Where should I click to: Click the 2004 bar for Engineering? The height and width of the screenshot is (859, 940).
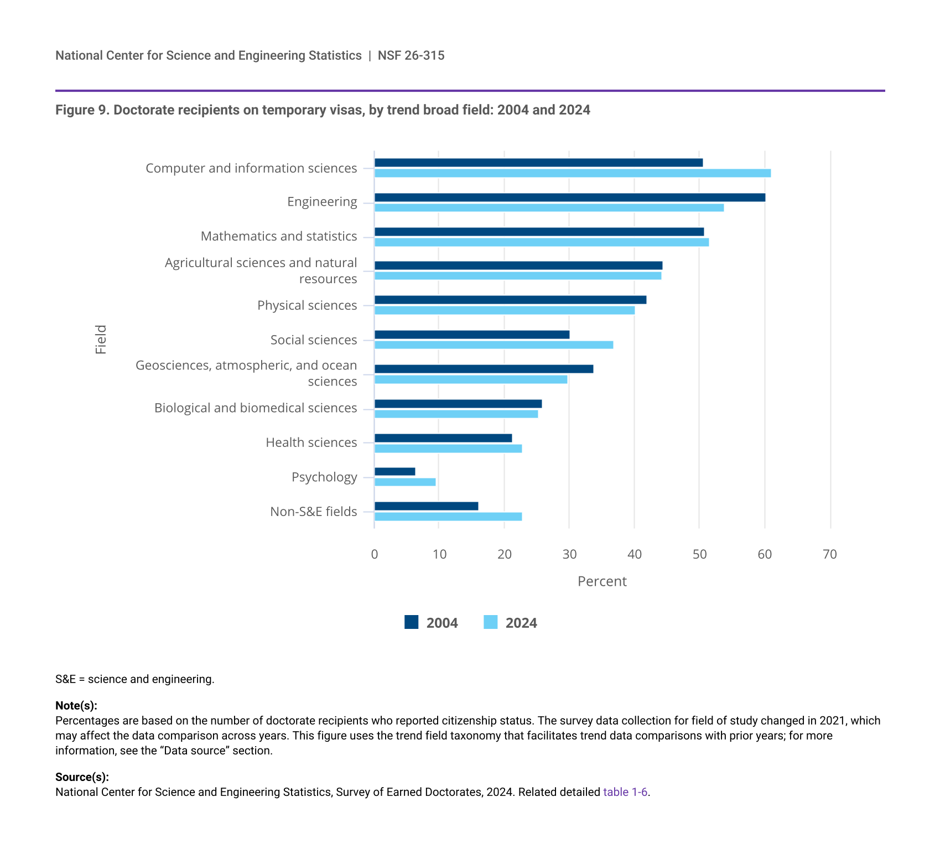[570, 197]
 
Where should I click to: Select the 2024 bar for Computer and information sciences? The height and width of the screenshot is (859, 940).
[573, 173]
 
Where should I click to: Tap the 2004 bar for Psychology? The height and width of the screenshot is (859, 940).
[394, 472]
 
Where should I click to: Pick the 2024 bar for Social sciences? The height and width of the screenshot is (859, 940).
[494, 345]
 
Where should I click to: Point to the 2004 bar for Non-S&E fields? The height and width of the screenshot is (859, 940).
[426, 506]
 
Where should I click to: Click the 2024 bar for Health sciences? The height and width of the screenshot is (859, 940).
[448, 449]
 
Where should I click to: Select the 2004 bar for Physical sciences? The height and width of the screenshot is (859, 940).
[510, 300]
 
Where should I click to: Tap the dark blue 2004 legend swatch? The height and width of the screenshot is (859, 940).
[411, 622]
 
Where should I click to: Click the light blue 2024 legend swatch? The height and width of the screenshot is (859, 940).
[490, 622]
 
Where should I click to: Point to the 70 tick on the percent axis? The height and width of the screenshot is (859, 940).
[830, 555]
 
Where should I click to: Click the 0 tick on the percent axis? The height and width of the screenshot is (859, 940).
[375, 555]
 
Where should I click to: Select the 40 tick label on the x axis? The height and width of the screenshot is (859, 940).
[635, 555]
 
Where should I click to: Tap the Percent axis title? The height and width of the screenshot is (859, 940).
[602, 581]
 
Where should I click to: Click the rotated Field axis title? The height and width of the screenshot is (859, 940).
[101, 339]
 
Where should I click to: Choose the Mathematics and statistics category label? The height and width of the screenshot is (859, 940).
[279, 236]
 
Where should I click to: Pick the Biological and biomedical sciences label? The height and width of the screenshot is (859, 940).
[256, 408]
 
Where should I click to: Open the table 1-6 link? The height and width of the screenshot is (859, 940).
[625, 792]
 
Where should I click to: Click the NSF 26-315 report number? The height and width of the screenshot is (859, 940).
[411, 55]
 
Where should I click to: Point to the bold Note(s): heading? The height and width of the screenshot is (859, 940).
[76, 706]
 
